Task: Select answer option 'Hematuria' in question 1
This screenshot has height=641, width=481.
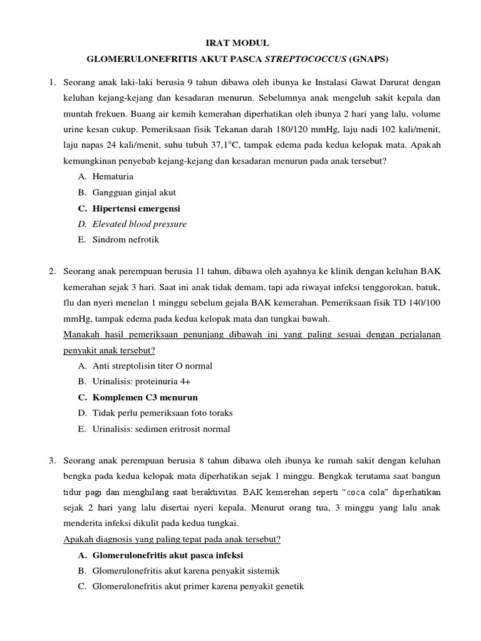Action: click(x=113, y=177)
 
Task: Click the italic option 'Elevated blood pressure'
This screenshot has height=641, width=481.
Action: click(x=140, y=224)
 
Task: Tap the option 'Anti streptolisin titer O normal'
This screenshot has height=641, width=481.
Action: click(x=152, y=366)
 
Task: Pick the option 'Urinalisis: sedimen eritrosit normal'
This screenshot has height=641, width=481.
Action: click(x=161, y=429)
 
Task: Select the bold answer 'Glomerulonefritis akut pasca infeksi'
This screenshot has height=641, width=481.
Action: click(x=167, y=555)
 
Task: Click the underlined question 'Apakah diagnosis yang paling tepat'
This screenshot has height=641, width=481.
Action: click(x=172, y=539)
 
